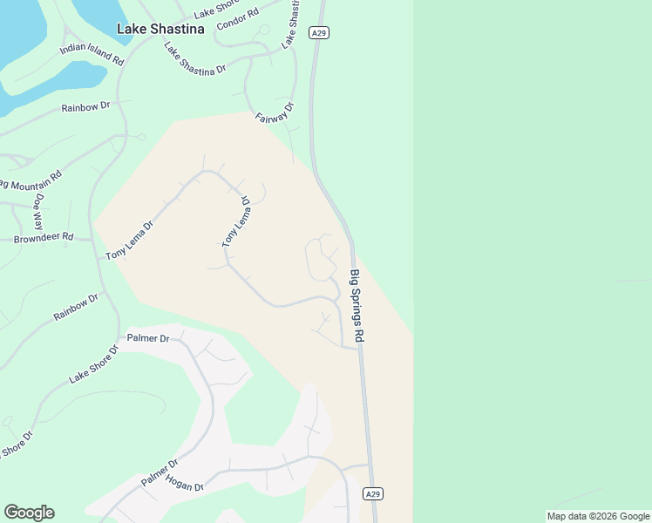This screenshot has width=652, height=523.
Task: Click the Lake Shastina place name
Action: click(x=160, y=29)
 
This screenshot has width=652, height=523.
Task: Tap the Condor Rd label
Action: click(x=240, y=17)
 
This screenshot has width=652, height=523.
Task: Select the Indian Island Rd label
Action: click(x=92, y=54)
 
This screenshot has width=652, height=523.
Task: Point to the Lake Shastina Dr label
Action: click(x=195, y=58)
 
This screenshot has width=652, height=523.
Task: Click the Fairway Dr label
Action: click(x=275, y=113)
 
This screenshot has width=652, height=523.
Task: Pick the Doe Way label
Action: click(x=39, y=212)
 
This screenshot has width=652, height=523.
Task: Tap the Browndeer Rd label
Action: click(x=44, y=237)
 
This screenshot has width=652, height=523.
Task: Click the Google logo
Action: click(x=29, y=513)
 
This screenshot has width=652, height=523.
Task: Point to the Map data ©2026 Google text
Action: click(x=598, y=516)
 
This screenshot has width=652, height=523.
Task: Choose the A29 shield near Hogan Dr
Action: click(x=373, y=494)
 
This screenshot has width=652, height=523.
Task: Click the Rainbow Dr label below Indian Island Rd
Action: click(x=85, y=106)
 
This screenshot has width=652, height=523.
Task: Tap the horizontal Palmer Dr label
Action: click(x=147, y=337)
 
